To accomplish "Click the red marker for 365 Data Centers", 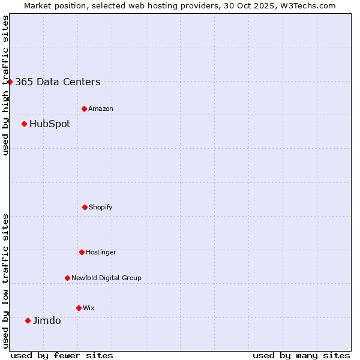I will (10, 82).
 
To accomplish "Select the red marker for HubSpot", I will (24, 124).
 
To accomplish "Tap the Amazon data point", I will (84, 109).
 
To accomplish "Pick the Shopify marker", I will (85, 207).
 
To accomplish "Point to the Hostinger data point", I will (82, 252).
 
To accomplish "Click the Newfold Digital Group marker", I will (67, 278).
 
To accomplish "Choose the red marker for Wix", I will (79, 308).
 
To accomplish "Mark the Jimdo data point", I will (28, 320).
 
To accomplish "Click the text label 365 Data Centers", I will (58, 82).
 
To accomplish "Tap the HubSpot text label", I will (50, 124).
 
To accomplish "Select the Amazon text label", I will (101, 109).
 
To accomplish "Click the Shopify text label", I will (101, 208).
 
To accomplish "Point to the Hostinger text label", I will (101, 253).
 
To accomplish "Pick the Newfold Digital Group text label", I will (106, 278).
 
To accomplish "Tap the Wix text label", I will (89, 308).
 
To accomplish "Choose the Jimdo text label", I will (47, 321).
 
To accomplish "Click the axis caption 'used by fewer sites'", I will (62, 356).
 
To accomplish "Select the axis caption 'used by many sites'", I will (301, 356).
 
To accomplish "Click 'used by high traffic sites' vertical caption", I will (5, 85).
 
